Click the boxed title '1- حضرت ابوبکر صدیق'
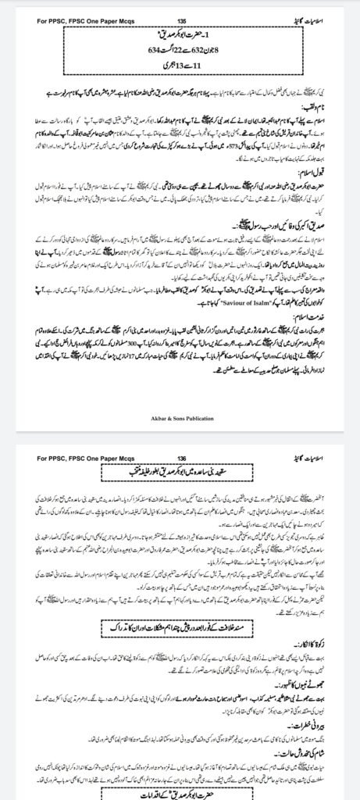pos(181,34)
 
